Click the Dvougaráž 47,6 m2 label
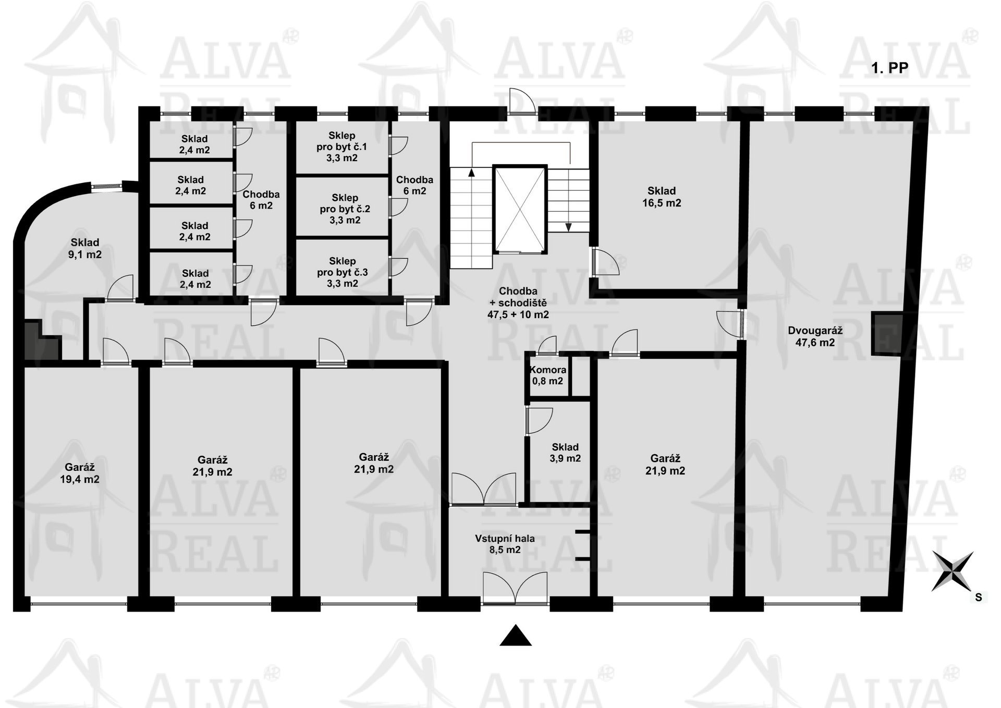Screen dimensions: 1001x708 point(815,336)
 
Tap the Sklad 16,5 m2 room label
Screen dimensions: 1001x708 point(662,197)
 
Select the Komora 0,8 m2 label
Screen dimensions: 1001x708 point(547,375)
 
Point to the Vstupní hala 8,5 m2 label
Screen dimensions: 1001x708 point(505,544)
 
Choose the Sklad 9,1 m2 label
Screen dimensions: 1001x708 point(85,248)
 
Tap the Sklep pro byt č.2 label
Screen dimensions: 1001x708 point(345,209)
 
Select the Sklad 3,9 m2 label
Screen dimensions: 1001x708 point(565,453)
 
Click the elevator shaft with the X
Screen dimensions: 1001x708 point(520,209)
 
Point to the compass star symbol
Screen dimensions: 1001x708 point(953,571)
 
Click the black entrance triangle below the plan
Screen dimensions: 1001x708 point(516,635)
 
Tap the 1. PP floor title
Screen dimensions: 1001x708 point(890,68)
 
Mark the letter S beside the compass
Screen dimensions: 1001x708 point(979,597)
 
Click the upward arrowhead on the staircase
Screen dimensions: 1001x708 point(472,172)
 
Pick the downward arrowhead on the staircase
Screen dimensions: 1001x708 point(569,227)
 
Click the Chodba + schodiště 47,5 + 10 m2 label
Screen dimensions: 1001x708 point(518,302)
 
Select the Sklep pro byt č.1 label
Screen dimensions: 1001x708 point(341,147)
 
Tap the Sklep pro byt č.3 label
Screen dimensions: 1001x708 point(343,272)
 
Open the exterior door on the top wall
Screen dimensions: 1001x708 point(522,100)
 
